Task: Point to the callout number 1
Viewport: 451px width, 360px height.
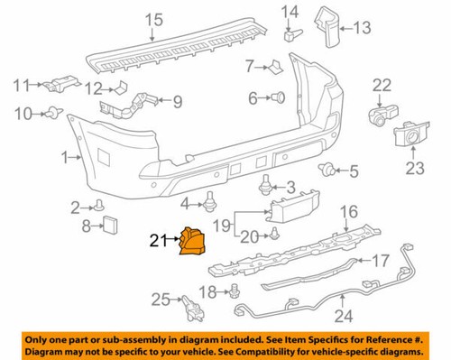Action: coord(64,158)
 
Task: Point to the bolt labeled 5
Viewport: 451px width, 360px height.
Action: coord(329,170)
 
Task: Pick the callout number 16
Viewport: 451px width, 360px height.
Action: coord(348,212)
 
